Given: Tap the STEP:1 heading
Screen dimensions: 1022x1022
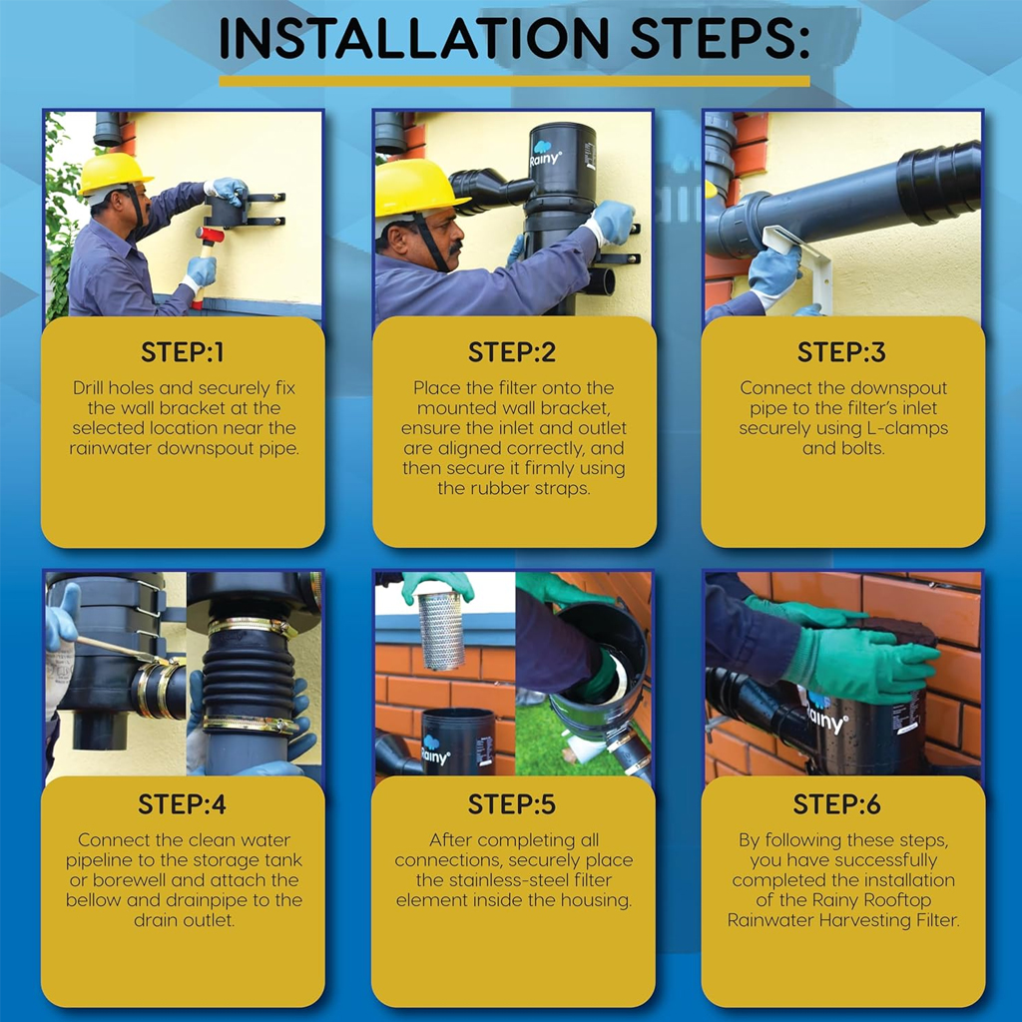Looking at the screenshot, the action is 183,352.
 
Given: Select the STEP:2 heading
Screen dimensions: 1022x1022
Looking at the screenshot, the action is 512,352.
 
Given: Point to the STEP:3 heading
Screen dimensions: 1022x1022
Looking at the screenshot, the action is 841,352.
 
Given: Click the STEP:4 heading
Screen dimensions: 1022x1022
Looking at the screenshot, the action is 182,805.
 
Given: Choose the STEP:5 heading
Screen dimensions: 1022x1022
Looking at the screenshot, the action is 512,805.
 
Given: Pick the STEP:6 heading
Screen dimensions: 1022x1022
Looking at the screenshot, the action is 837,805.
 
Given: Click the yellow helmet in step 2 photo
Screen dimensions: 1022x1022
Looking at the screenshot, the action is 418,189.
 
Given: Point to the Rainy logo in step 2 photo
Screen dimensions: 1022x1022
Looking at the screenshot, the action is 544,153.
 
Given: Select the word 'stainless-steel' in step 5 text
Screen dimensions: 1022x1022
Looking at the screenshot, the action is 514,880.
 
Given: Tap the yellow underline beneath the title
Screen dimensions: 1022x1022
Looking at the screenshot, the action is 514,82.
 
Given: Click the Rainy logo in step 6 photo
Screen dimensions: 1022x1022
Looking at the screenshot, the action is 826,715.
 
